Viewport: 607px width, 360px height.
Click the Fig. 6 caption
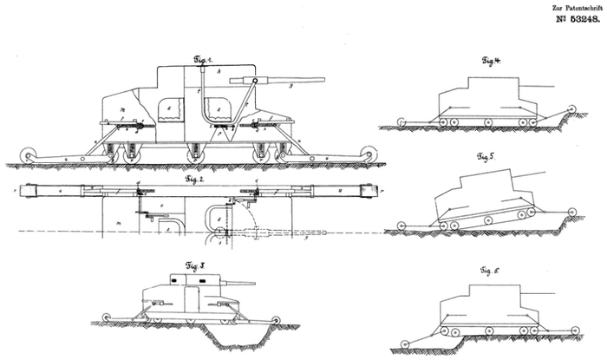coord(492,272)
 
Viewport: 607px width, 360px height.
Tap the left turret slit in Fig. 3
coord(181,280)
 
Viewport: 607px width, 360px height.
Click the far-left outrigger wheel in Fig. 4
coord(401,123)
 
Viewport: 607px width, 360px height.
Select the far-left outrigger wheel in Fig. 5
coord(401,227)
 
